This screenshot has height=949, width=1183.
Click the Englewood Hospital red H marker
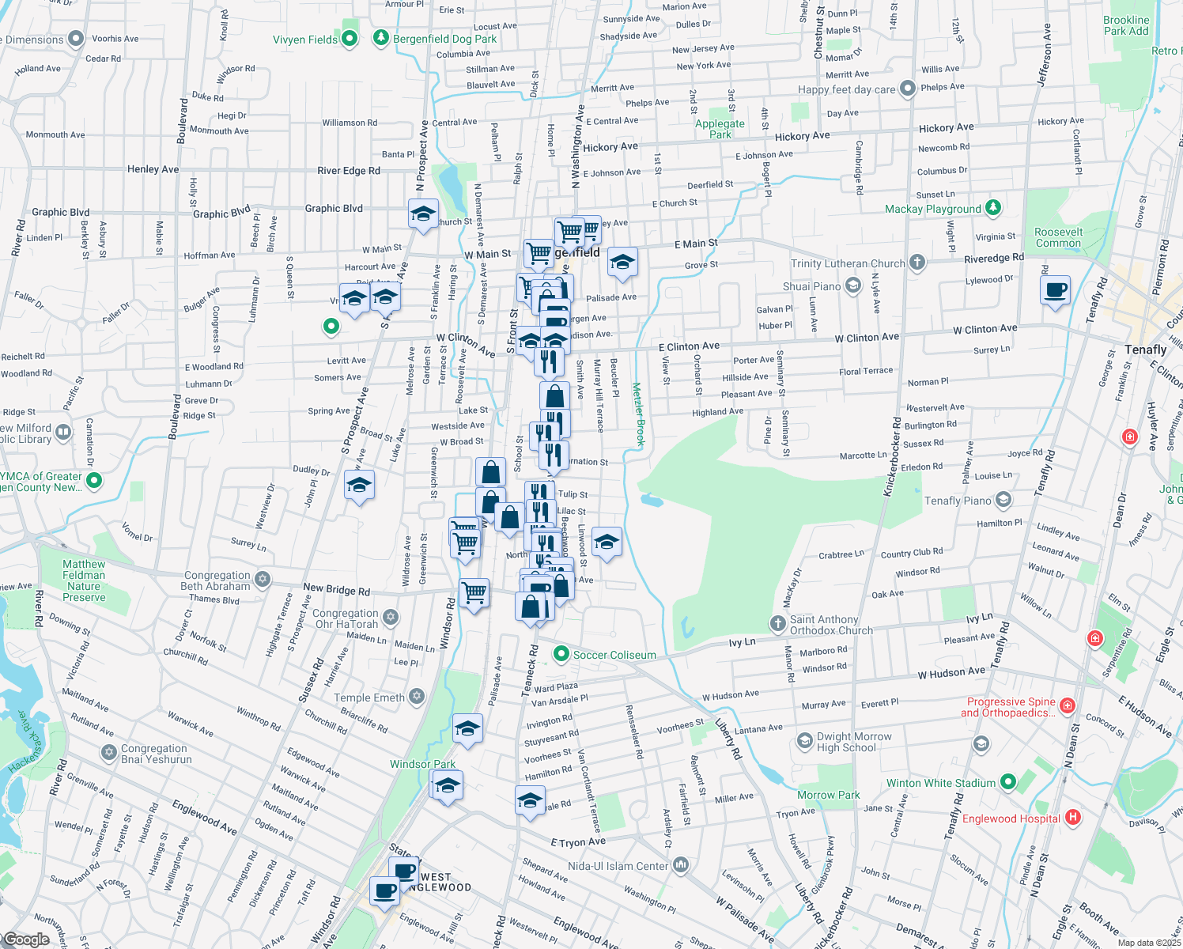[1072, 818]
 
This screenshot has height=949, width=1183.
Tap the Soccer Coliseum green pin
[561, 654]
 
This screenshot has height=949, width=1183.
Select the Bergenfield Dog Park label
[445, 39]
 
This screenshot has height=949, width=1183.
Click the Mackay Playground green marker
[993, 208]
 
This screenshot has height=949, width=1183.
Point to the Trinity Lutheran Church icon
[917, 263]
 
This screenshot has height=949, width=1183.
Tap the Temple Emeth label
[369, 698]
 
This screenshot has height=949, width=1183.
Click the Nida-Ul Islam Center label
[618, 866]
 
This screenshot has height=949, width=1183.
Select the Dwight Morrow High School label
[854, 742]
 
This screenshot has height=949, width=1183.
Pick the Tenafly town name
[1145, 350]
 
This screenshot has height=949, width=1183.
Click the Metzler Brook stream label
[638, 416]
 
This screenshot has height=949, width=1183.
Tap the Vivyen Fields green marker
[350, 39]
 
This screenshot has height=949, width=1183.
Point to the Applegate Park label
[720, 129]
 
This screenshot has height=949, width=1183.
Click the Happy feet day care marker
[907, 89]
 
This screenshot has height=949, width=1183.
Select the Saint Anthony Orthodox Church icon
[778, 625]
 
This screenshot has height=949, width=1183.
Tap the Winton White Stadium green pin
[1007, 782]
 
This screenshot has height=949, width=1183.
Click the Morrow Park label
[828, 795]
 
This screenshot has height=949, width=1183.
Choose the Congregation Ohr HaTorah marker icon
[391, 618]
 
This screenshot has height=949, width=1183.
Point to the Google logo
[27, 940]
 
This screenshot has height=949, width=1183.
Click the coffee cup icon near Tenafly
[1056, 292]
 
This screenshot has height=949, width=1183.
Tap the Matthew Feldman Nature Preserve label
[84, 580]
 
